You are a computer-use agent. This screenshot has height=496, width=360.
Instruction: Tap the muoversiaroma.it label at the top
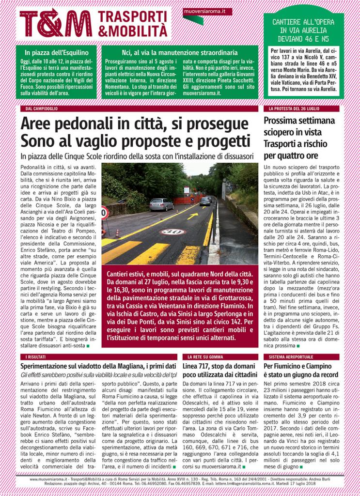[207, 11]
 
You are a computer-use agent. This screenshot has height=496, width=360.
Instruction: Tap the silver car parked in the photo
[161, 204]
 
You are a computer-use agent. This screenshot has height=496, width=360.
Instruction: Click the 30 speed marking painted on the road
[172, 232]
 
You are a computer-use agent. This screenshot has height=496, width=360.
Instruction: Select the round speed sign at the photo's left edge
[104, 212]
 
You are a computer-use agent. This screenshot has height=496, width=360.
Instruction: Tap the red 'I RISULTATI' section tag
[33, 356]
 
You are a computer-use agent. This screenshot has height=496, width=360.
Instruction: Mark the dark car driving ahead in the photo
[205, 201]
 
